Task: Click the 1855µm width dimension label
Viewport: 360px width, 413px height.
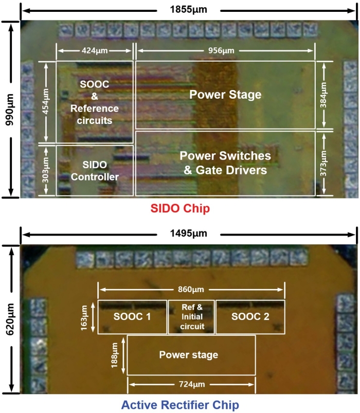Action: (x=189, y=10)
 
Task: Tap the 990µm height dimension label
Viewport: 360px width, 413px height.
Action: (x=9, y=110)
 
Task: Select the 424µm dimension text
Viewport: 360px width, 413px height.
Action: (x=95, y=50)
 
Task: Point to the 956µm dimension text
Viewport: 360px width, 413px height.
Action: (x=221, y=50)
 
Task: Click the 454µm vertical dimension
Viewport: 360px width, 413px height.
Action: (x=45, y=101)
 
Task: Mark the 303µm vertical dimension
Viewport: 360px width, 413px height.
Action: (x=45, y=170)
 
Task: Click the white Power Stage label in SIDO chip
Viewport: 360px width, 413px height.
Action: (x=225, y=95)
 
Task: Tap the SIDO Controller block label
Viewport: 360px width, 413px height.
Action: (x=95, y=171)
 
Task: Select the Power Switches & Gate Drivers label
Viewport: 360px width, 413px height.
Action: (x=225, y=163)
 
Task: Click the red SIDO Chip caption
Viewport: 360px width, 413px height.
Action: (x=180, y=208)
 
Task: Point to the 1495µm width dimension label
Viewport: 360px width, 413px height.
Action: (x=189, y=234)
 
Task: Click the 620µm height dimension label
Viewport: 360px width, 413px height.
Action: (x=10, y=319)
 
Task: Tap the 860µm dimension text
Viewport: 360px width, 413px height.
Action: (x=191, y=290)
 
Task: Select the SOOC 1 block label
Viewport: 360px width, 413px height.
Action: (x=132, y=317)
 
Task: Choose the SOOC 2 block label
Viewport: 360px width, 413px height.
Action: (x=250, y=317)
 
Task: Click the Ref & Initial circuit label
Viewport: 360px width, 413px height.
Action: (x=192, y=317)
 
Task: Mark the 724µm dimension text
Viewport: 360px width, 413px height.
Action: (x=192, y=384)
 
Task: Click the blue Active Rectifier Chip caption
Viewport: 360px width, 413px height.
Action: (x=180, y=405)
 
